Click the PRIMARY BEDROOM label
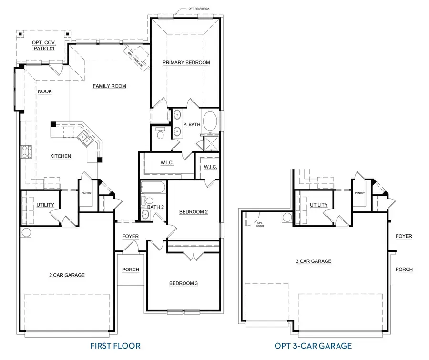186,62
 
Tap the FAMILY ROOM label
109,86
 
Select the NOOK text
45,91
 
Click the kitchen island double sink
86,139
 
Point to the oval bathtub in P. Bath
210,122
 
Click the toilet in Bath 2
148,202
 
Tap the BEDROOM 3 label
183,283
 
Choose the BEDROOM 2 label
193,212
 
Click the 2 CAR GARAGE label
67,275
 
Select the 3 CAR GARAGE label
314,261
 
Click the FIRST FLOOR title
116,346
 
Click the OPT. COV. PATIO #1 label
43,45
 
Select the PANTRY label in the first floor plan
86,193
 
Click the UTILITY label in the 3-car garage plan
318,205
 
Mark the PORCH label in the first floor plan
131,270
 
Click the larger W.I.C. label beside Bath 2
166,163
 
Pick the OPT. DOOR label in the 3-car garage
260,224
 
